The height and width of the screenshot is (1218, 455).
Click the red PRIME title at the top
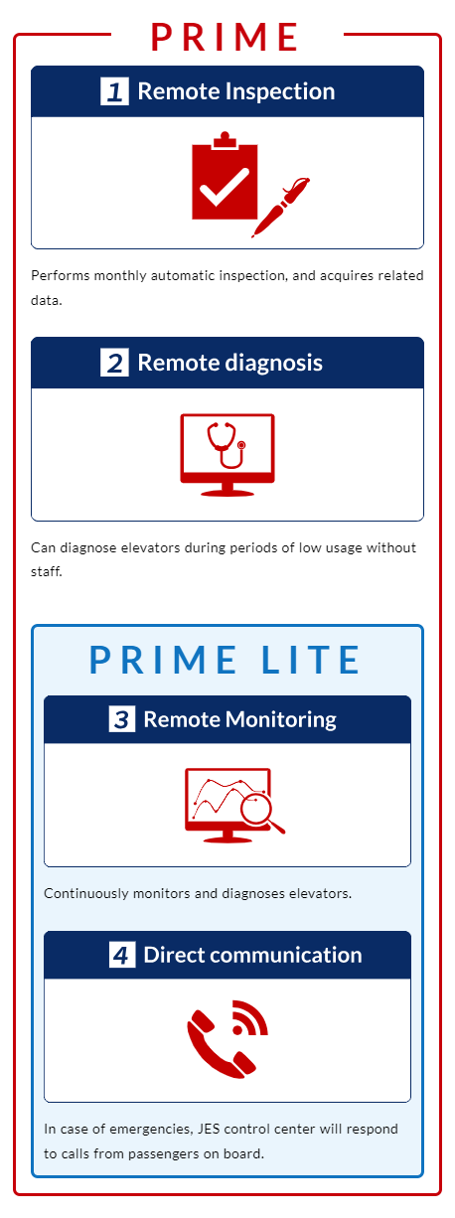225,37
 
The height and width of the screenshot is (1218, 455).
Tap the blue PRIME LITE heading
225,660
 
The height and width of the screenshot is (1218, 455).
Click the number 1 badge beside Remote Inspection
114,90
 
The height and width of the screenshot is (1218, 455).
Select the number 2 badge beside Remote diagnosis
114,363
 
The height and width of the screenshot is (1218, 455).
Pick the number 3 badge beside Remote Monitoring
122,719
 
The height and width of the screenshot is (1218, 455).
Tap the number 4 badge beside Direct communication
122,955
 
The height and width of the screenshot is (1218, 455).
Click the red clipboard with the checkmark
225,176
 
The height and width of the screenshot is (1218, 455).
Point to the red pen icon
280,208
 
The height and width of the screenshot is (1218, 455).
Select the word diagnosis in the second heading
273,363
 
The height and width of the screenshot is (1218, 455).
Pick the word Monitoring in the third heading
281,719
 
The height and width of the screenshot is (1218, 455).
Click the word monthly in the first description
120,275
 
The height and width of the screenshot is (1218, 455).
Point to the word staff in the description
47,571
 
